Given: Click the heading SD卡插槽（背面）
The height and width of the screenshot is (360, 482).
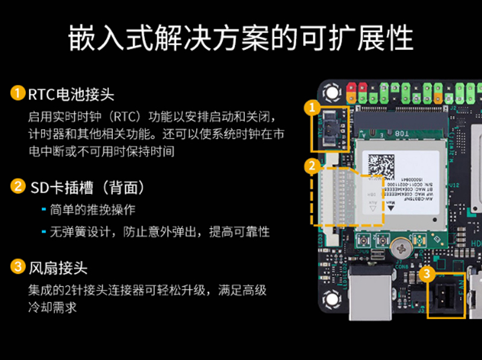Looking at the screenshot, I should click(x=87, y=188).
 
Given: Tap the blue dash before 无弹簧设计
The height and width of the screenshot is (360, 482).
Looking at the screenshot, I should click(x=43, y=232).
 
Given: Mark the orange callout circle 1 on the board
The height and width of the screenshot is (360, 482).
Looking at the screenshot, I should click(x=311, y=108).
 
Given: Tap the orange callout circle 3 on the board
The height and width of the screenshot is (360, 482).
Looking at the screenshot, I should click(x=427, y=274).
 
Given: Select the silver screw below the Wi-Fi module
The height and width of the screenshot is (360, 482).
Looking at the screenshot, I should click(x=399, y=246).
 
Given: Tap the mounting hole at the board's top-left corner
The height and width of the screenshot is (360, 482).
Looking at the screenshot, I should click(x=330, y=92).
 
